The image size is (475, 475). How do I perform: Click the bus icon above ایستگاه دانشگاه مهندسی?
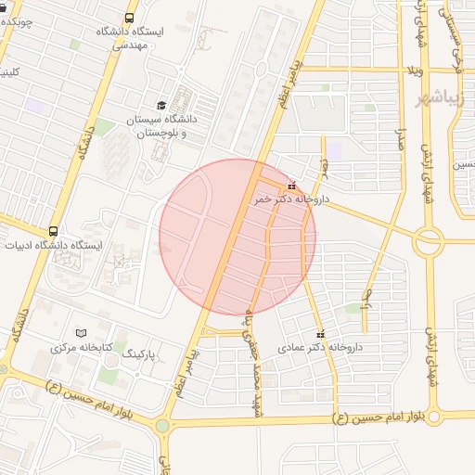pos(128,18)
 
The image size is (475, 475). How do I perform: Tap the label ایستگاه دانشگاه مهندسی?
pos(128,37)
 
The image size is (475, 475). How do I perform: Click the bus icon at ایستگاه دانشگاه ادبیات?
pos(53,230)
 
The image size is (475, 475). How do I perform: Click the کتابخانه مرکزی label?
pos(82,348)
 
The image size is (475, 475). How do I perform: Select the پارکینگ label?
pos(143,354)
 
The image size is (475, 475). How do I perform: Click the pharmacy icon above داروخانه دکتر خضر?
pos(292,186)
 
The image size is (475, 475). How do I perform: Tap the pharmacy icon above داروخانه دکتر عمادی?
pos(321,334)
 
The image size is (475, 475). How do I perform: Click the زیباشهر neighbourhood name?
pos(453,97)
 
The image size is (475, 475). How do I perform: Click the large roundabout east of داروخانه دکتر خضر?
pos(429,243)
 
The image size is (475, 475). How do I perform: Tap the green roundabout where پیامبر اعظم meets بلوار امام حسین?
pos(163,426)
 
